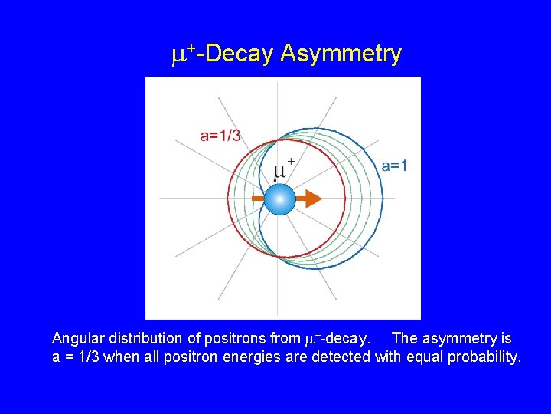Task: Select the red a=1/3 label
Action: coord(220,136)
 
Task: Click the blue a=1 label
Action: coord(394,166)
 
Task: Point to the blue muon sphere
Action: coord(280,199)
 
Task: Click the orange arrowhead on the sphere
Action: coord(309,199)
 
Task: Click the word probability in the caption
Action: coord(481,356)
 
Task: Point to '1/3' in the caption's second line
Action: coord(87,356)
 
